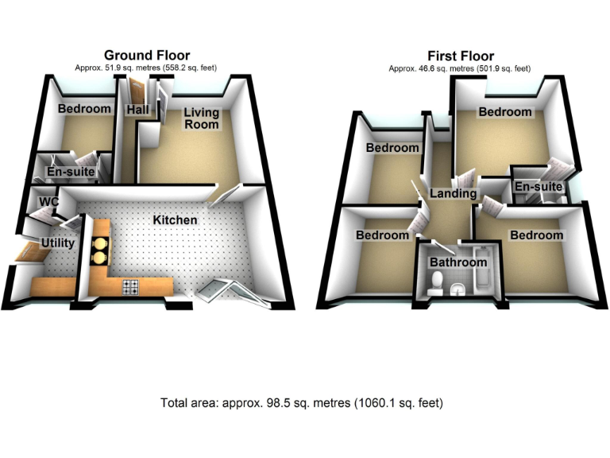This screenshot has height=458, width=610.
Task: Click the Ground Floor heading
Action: point(147,56)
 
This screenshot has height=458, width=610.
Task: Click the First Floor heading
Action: point(461,56)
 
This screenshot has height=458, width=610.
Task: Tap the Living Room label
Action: point(202,118)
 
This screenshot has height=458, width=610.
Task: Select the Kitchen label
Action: point(175,219)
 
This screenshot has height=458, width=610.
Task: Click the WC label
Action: point(49,202)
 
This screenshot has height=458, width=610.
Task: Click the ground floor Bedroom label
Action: point(84,109)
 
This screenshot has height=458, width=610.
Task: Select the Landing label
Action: point(453,193)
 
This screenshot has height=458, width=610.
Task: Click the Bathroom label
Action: point(458,262)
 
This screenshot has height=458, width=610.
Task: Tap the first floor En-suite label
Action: point(539,187)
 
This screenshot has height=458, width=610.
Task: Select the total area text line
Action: point(302,403)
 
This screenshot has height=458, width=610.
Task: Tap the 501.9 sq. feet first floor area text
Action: point(503,69)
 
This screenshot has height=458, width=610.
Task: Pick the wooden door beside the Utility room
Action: point(29,253)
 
